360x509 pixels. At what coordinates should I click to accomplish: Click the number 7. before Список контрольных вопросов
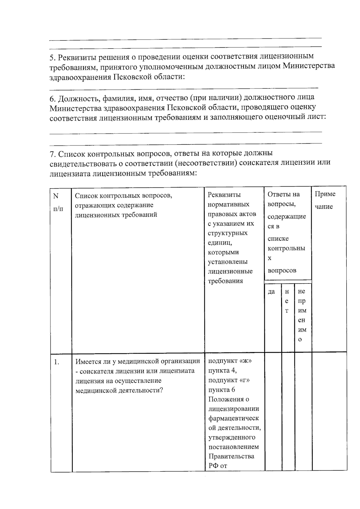click(x=53, y=154)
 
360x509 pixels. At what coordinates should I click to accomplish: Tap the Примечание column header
click(x=325, y=200)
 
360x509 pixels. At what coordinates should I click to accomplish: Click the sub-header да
click(x=271, y=292)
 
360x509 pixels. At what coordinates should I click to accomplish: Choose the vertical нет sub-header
click(x=287, y=301)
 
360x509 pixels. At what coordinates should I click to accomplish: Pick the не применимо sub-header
click(x=302, y=315)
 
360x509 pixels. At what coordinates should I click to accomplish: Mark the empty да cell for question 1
click(x=273, y=411)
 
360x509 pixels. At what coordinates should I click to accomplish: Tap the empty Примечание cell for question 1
click(x=329, y=411)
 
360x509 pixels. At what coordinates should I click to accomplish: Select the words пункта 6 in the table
click(x=222, y=390)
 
